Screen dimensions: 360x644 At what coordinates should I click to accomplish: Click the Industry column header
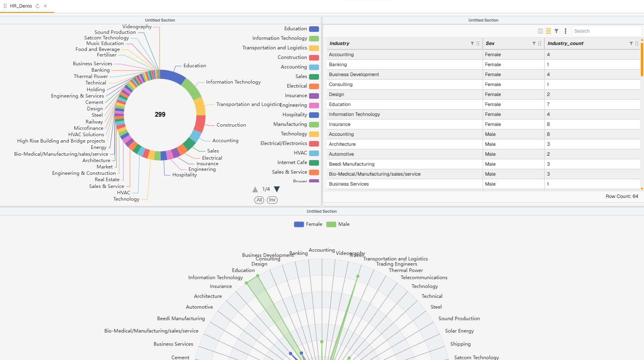(339, 43)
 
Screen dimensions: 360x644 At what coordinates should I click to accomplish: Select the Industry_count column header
(565, 43)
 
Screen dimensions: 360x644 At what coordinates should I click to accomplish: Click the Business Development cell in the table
(354, 74)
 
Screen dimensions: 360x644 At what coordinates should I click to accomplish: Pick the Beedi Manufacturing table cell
(351, 164)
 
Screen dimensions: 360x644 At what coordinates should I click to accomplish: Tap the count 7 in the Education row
(548, 104)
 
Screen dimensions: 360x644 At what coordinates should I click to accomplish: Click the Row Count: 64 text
(622, 196)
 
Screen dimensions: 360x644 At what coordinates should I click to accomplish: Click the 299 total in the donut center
(160, 115)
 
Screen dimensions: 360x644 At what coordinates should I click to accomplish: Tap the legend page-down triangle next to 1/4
(277, 189)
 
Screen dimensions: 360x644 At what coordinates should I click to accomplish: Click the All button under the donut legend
(259, 200)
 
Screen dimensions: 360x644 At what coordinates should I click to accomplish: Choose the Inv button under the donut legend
(272, 200)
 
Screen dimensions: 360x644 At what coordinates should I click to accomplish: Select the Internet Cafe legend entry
(298, 162)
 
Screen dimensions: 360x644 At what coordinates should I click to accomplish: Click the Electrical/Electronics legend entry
(289, 143)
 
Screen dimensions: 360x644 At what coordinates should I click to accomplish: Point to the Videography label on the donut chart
(137, 27)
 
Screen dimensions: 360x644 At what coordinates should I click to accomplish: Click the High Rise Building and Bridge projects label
(61, 141)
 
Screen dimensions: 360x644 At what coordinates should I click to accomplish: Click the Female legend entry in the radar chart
(308, 224)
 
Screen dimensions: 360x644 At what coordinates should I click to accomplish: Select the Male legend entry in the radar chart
(338, 224)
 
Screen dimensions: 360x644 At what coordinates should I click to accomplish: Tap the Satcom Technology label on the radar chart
(476, 357)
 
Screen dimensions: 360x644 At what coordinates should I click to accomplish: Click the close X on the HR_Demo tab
(45, 6)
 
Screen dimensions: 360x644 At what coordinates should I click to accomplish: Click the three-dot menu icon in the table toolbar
(565, 31)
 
